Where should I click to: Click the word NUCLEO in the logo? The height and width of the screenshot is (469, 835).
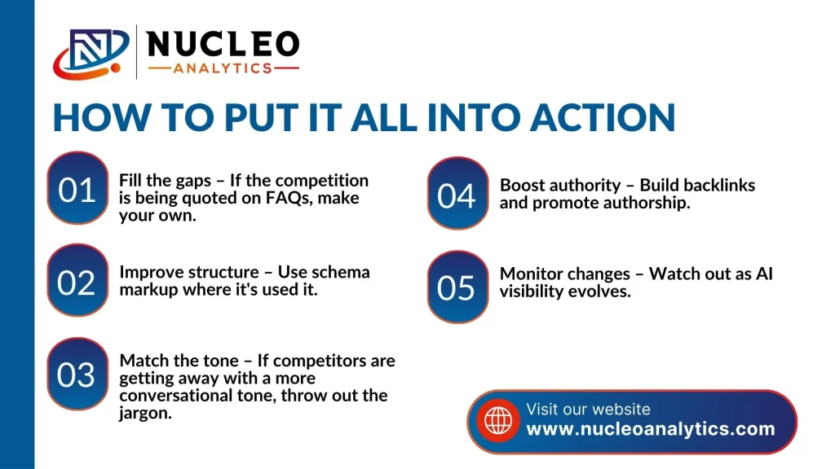[x=223, y=44]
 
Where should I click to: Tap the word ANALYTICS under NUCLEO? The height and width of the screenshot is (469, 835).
[x=223, y=68]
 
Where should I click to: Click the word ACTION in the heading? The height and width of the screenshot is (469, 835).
[x=603, y=117]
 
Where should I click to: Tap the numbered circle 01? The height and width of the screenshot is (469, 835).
[x=77, y=188]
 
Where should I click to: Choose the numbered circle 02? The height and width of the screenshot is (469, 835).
[x=77, y=280]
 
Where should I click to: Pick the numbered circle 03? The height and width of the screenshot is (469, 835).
[x=77, y=374]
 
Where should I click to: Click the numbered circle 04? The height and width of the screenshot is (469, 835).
[x=458, y=194]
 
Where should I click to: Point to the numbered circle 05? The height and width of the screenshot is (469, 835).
[x=458, y=287]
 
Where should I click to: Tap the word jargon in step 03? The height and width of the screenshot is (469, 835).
[x=145, y=414]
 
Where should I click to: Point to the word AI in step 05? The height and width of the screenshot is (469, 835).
[x=764, y=274]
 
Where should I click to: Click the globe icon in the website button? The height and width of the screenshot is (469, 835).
[x=498, y=421]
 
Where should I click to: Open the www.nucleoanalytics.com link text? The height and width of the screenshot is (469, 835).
[x=650, y=428]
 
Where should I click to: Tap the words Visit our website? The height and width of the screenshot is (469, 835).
[x=588, y=409]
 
